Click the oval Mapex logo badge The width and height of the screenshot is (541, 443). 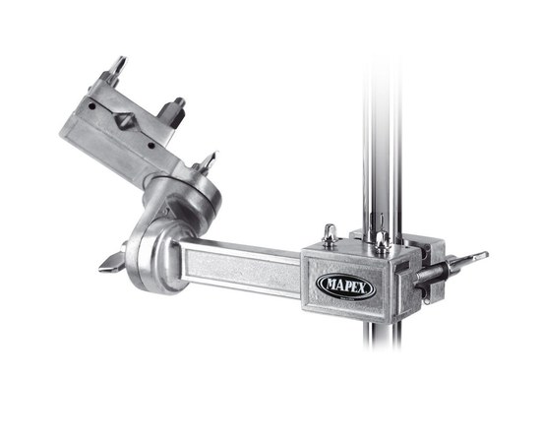point(345,286)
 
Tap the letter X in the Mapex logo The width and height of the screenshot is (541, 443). point(361,288)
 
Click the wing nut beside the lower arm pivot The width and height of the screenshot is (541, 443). point(112,261)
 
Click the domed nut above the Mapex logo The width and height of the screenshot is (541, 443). point(330,236)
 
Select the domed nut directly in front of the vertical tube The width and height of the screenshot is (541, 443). point(382,243)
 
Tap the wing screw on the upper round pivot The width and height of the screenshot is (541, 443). point(207,162)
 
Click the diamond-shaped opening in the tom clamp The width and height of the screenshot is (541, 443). point(124,121)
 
